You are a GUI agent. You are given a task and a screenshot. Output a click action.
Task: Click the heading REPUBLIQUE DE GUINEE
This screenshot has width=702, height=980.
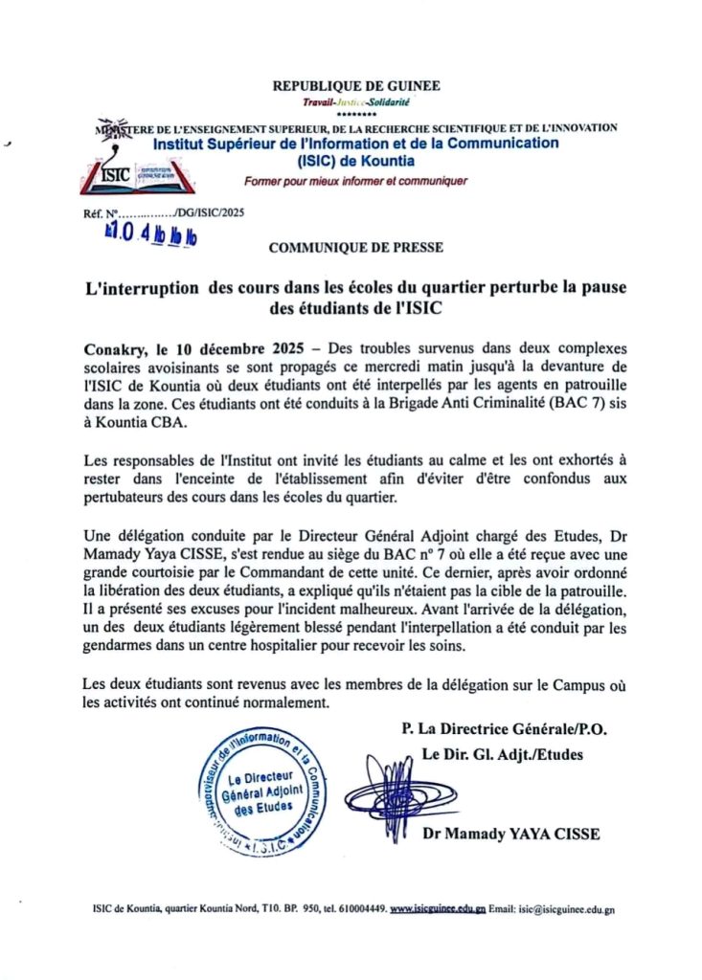356,85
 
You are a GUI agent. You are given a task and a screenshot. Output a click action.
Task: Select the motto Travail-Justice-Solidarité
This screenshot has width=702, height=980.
355,101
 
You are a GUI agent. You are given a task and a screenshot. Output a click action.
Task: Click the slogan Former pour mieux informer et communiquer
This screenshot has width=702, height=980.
355,181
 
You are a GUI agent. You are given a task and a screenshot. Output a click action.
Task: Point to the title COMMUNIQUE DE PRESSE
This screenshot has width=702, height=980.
356,247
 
